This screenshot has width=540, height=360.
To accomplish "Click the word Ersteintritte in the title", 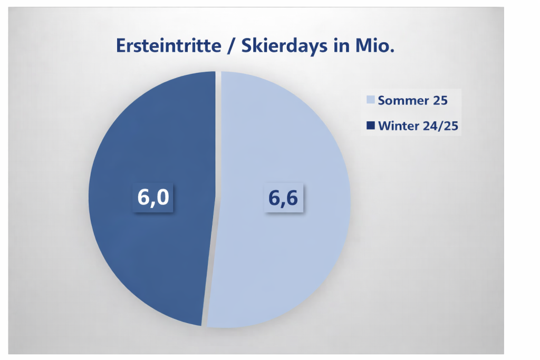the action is [168, 45].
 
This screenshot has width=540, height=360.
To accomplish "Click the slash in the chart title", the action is [231, 46].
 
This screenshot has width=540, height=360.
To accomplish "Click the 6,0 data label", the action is [153, 197].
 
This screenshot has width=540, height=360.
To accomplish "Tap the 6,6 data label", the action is [283, 198].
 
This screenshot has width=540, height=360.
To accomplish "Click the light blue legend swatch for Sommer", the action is [371, 100].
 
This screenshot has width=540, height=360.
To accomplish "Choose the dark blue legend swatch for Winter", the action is [371, 125].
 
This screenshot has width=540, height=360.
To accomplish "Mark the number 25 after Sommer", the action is [440, 101].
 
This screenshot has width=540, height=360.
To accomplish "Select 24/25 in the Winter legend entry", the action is [440, 126].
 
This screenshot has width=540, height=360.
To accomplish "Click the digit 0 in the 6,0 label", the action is [163, 197].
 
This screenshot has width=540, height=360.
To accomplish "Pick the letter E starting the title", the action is [121, 46].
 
